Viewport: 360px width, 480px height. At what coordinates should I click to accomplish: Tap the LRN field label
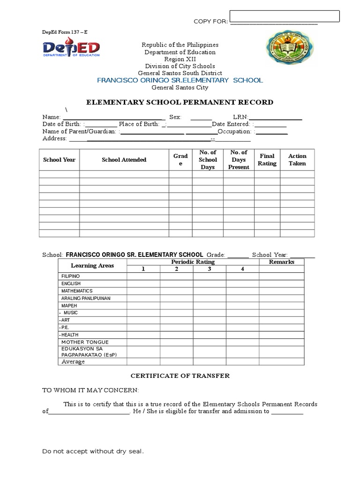pyautogui.click(x=241, y=117)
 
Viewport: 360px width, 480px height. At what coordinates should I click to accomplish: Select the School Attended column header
pyautogui.click(x=124, y=160)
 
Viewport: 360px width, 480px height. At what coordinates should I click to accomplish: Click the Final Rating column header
pyautogui.click(x=267, y=160)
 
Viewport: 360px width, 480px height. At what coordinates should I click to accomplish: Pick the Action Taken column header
pyautogui.click(x=297, y=160)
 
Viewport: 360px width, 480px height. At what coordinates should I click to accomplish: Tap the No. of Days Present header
pyautogui.click(x=239, y=160)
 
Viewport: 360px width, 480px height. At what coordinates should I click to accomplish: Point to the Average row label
pyautogui.click(x=73, y=361)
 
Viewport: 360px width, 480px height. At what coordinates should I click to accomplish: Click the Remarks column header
pyautogui.click(x=281, y=262)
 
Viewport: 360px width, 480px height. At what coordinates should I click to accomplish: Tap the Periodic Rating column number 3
pyautogui.click(x=210, y=269)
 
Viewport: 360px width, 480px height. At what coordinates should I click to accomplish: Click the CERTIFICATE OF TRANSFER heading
pyautogui.click(x=180, y=376)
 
